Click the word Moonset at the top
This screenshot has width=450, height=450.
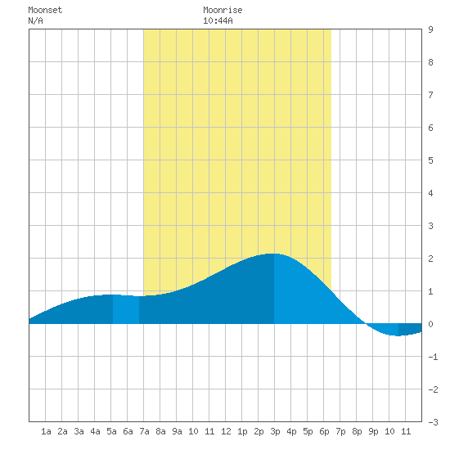[45, 10]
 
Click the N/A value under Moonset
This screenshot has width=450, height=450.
[35, 20]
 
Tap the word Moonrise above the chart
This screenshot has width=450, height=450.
[223, 10]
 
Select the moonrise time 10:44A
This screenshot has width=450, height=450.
[218, 20]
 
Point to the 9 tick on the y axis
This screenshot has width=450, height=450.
[430, 29]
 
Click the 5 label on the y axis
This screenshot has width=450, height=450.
[430, 160]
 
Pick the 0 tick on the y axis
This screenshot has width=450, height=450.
[430, 324]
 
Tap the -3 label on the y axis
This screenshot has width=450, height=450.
[433, 422]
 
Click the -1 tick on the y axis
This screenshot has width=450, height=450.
[433, 357]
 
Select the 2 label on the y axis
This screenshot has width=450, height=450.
[430, 259]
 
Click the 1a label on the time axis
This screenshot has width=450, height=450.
[46, 431]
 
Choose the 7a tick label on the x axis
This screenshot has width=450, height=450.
[144, 431]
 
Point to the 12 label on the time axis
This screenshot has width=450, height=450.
[226, 431]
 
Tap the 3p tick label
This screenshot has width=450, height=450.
[275, 431]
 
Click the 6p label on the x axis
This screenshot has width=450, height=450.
[324, 431]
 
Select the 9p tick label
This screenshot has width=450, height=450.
[373, 431]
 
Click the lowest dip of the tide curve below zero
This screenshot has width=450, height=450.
[398, 335]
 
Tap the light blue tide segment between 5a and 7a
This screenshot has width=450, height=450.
[126, 309]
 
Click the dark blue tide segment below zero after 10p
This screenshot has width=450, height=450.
[410, 329]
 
